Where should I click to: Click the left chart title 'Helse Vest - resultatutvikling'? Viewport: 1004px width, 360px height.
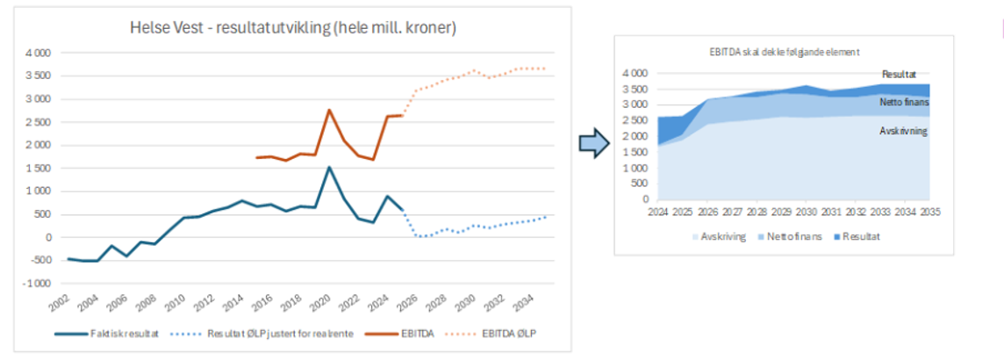pyautogui.click(x=291, y=29)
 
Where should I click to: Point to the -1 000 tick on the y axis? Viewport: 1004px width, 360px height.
pyautogui.click(x=37, y=284)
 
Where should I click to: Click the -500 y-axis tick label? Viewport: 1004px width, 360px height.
pyautogui.click(x=40, y=261)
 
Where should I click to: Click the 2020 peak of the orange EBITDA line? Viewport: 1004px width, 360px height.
pyautogui.click(x=328, y=110)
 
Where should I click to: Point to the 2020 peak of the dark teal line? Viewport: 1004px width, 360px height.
pyautogui.click(x=328, y=167)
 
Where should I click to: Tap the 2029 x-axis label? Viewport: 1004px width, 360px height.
pyautogui.click(x=783, y=211)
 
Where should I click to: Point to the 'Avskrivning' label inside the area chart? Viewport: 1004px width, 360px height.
pyautogui.click(x=903, y=131)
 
